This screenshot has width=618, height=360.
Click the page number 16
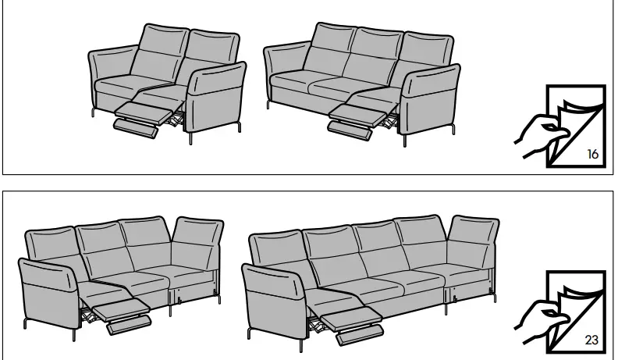click(592, 154)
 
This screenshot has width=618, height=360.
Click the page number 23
click(592, 340)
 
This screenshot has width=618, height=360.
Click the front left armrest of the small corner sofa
click(46, 288)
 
